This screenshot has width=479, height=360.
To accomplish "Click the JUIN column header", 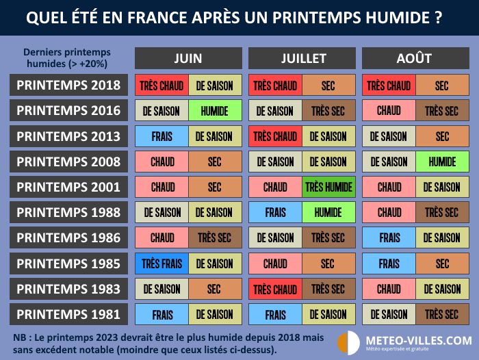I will pyautogui.click(x=188, y=58).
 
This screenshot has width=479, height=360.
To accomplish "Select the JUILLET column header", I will pyautogui.click(x=302, y=58).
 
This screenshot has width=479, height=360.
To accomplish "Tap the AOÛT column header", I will pyautogui.click(x=415, y=58).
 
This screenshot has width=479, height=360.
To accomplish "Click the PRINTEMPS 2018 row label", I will pyautogui.click(x=68, y=86).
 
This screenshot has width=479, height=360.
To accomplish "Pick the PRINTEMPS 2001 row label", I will pyautogui.click(x=68, y=187).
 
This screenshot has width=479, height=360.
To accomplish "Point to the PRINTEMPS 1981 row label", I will pyautogui.click(x=68, y=314).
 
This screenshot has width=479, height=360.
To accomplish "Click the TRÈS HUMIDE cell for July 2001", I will pyautogui.click(x=328, y=187).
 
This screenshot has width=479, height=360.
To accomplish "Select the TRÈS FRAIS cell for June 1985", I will pyautogui.click(x=162, y=263).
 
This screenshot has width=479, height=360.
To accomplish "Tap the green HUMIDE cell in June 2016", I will pyautogui.click(x=215, y=111).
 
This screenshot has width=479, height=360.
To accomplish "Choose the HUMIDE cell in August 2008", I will pyautogui.click(x=442, y=162).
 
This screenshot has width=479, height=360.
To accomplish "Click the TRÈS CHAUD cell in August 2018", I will pyautogui.click(x=389, y=86).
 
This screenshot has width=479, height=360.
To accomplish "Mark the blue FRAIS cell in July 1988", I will pyautogui.click(x=275, y=212).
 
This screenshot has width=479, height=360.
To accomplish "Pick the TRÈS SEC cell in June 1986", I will pyautogui.click(x=215, y=238).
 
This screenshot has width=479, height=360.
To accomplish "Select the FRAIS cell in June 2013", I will pyautogui.click(x=162, y=136).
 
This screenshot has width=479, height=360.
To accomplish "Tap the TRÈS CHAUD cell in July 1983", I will pyautogui.click(x=275, y=289).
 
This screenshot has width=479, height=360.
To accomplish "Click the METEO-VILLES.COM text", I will pyautogui.click(x=418, y=339).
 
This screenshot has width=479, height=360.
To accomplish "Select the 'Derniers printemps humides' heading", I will pyautogui.click(x=66, y=58).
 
